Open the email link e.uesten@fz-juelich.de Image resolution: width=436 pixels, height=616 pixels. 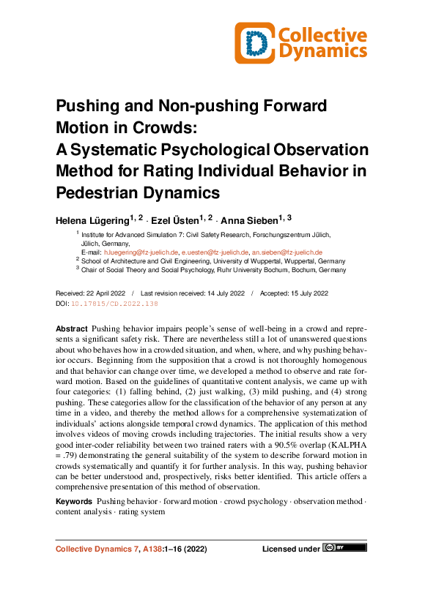click(x=214, y=252)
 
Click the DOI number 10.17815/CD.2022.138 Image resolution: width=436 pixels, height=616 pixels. click(x=113, y=303)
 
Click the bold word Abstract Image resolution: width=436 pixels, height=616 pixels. click(x=72, y=329)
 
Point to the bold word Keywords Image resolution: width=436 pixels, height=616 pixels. click(x=73, y=501)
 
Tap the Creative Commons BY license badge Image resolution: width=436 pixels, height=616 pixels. click(x=345, y=547)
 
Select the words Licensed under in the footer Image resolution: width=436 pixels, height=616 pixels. click(x=291, y=548)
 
